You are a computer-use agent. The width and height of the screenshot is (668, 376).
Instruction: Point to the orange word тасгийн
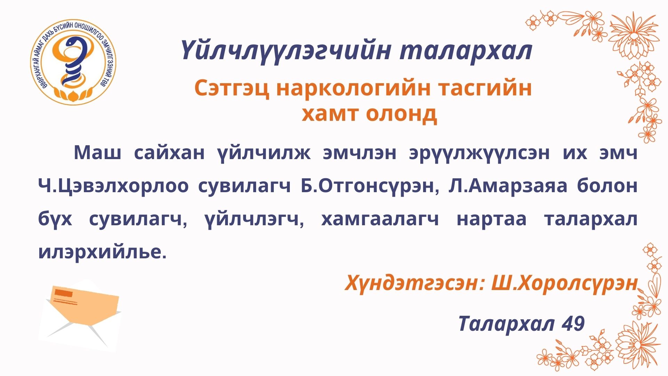pyautogui.click(x=485, y=88)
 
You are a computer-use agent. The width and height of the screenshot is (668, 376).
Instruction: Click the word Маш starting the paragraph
pyautogui.click(x=97, y=152)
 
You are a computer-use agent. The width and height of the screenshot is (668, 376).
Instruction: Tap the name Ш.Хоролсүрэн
pyautogui.click(x=564, y=283)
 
